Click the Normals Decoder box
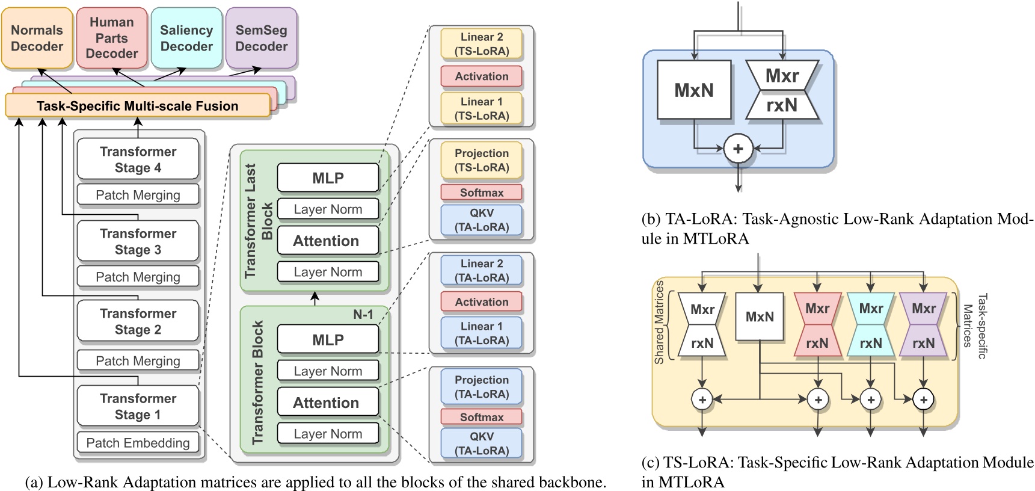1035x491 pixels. (37, 38)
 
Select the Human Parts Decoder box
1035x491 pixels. (112, 38)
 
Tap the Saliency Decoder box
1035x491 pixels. (186, 38)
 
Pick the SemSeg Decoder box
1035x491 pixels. (261, 38)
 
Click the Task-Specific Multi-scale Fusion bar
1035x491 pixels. (137, 106)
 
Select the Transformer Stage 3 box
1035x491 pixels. (138, 241)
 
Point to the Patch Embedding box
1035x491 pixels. (138, 443)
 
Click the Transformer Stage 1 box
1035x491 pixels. (138, 406)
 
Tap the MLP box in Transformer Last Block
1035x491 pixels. (328, 178)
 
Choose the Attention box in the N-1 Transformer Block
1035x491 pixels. (328, 403)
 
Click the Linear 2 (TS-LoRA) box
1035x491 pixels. (481, 44)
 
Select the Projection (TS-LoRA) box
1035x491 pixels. (481, 161)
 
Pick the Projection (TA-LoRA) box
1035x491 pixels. (481, 387)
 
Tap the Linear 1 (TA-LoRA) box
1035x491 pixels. (481, 333)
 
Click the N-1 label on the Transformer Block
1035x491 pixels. (363, 315)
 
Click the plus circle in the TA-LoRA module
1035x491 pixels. (738, 149)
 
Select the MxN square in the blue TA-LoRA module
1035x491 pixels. (694, 90)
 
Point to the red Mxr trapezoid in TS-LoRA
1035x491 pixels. (817, 309)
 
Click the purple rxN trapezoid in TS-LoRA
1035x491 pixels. (923, 343)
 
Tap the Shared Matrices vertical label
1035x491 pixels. (659, 322)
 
